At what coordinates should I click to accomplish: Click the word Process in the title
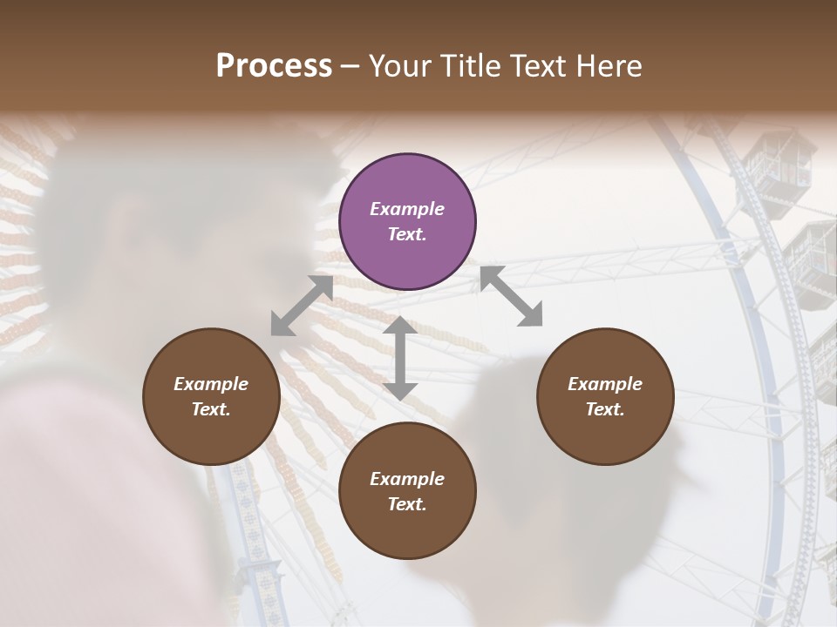[274, 66]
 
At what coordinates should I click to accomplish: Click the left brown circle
[211, 396]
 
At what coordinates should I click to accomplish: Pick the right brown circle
[605, 396]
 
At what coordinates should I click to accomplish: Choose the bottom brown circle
[407, 491]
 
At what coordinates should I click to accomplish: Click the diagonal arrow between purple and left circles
[302, 306]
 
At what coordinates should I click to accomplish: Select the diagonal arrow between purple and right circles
[511, 296]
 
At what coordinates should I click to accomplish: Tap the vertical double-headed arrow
[400, 358]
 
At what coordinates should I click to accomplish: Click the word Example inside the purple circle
[407, 209]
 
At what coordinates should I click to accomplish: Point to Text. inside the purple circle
[407, 234]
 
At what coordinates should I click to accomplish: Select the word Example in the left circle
[211, 384]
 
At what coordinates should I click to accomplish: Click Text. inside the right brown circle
[605, 409]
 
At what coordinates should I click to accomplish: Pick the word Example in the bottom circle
[407, 479]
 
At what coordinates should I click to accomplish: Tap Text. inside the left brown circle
[211, 409]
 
